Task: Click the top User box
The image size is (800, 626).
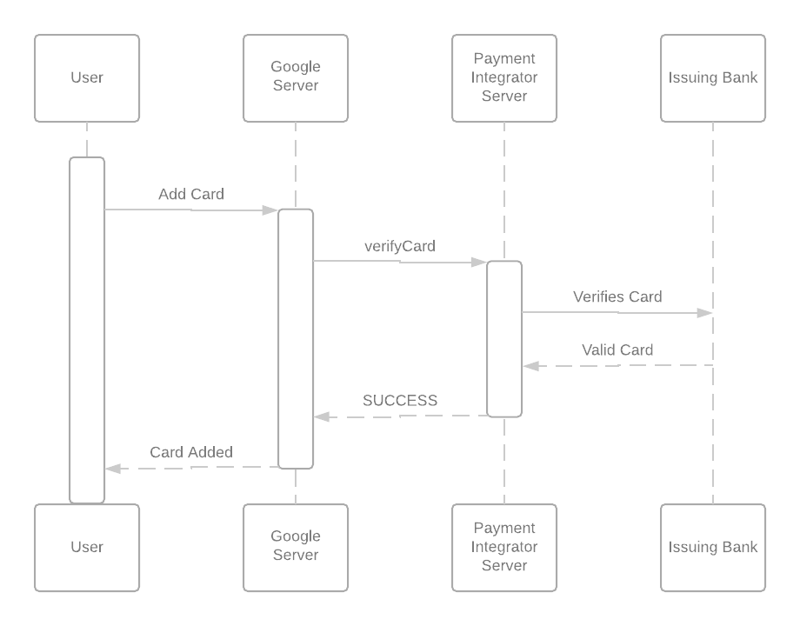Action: click(x=87, y=78)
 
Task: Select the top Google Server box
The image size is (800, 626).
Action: click(x=296, y=78)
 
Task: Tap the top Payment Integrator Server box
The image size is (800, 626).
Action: click(x=504, y=78)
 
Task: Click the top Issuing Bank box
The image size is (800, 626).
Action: click(x=713, y=78)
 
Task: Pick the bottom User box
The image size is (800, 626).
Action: click(x=87, y=548)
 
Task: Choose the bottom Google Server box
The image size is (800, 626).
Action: click(x=296, y=548)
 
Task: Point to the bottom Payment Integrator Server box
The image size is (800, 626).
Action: click(x=504, y=548)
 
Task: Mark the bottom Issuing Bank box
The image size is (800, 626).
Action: click(x=713, y=548)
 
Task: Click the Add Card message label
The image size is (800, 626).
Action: click(x=190, y=194)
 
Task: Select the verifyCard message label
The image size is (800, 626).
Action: click(x=399, y=246)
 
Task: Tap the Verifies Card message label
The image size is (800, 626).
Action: click(x=617, y=296)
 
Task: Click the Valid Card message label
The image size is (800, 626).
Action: click(x=617, y=350)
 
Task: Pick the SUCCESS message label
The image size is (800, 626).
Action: click(x=400, y=401)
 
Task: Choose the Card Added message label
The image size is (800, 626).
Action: click(x=190, y=452)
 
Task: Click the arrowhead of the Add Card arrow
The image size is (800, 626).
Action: click(x=270, y=210)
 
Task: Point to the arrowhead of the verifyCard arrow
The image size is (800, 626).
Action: click(x=479, y=262)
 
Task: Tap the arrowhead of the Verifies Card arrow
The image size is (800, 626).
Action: click(x=705, y=313)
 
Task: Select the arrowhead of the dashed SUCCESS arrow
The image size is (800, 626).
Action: click(x=323, y=417)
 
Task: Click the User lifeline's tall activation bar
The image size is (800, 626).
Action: click(x=87, y=330)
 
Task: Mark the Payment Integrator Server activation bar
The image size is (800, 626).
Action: click(x=504, y=339)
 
